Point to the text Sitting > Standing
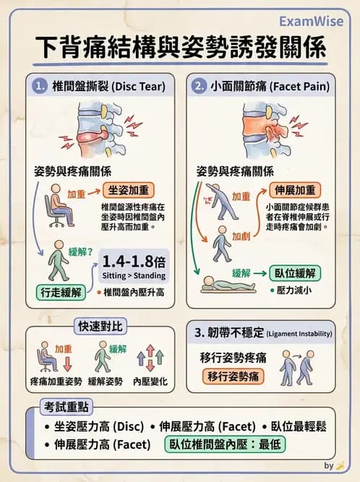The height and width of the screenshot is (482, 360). click(134, 275)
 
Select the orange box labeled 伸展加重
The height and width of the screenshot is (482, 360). click(296, 190)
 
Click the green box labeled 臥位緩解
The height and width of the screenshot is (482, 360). click(296, 273)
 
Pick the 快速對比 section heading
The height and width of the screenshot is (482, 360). click(101, 323)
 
